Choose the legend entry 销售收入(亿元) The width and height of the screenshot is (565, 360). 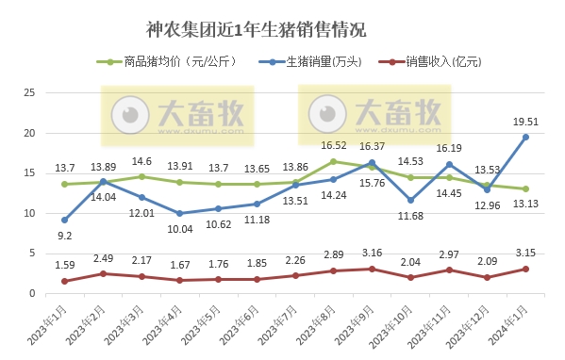point(440,63)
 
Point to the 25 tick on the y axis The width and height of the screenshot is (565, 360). point(29,92)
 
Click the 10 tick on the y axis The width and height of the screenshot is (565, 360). point(29,213)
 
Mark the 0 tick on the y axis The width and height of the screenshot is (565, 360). point(32,293)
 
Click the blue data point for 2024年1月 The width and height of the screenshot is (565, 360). point(525,137)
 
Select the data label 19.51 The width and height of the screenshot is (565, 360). point(525,121)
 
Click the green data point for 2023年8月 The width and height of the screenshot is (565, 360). point(333,161)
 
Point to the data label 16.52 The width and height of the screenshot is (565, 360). point(334,145)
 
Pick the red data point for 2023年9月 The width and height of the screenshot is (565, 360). point(372,269)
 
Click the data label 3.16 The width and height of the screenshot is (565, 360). point(372,253)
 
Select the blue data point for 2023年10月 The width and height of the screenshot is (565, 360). point(410,200)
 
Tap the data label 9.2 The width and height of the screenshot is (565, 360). point(65,235)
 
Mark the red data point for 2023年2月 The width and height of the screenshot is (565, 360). point(103,273)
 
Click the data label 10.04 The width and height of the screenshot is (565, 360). point(180,228)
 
